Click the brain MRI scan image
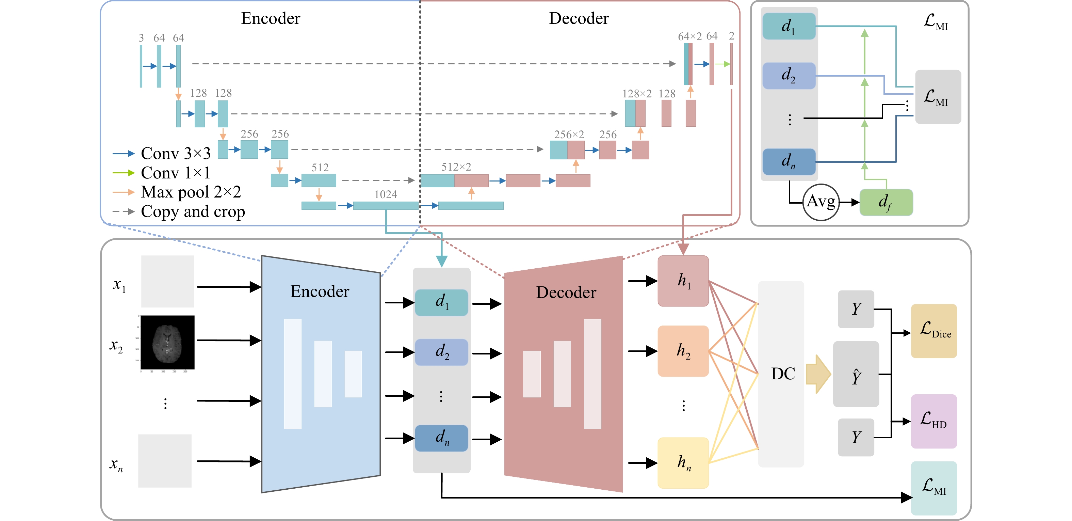[x=167, y=342]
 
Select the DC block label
[x=783, y=374]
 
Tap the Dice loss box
[x=933, y=331]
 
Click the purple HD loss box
[x=933, y=421]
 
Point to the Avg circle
[x=821, y=202]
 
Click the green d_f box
[x=886, y=202]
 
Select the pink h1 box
[x=683, y=281]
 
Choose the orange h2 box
[x=683, y=351]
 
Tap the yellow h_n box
[x=683, y=463]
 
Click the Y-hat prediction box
[x=856, y=374]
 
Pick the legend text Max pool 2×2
[x=191, y=192]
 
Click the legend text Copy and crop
[x=193, y=211]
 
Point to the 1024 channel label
[x=386, y=194]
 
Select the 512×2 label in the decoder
[x=456, y=167]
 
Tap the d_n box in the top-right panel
[x=789, y=162]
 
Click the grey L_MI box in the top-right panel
[x=938, y=97]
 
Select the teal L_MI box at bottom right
[x=933, y=488]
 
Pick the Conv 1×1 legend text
[x=175, y=173]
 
